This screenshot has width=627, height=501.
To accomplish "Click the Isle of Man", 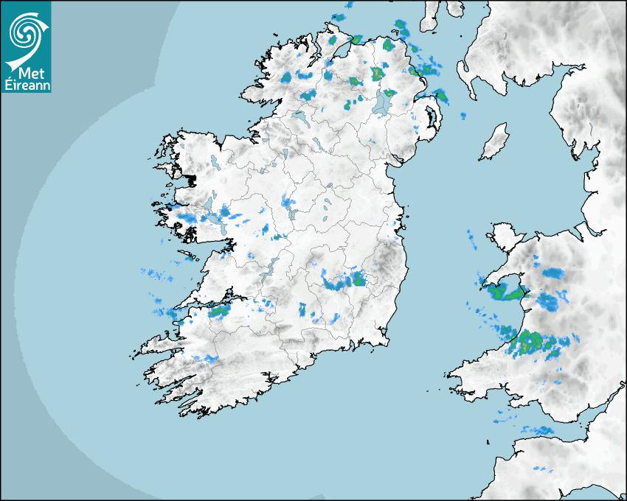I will [x=495, y=142].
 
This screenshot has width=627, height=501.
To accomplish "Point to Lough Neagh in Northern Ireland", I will [x=384, y=102].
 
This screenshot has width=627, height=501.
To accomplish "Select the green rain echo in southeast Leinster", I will [x=358, y=278].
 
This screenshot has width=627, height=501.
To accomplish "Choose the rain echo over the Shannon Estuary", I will [x=219, y=311].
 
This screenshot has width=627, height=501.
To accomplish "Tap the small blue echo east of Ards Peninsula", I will [x=464, y=116].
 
